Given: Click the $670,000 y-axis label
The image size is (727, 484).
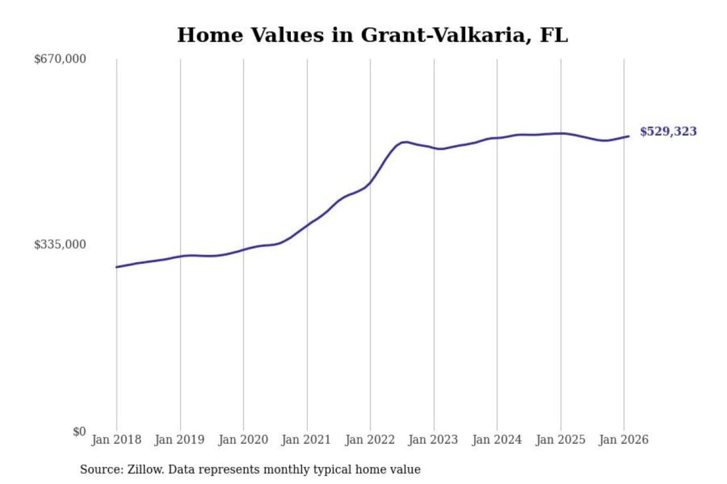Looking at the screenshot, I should [60, 59].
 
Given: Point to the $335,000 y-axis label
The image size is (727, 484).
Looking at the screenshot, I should [60, 245].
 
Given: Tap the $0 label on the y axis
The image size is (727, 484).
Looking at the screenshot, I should [79, 432].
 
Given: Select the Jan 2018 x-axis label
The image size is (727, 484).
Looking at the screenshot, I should [116, 440].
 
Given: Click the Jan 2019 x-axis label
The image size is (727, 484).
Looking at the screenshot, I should [180, 440].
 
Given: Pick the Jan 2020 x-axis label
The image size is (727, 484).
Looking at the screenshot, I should [243, 440].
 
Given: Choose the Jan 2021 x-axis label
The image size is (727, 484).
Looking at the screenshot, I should [306, 440].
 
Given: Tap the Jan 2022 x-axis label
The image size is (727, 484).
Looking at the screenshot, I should [370, 440].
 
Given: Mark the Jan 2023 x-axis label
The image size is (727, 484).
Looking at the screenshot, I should [433, 440].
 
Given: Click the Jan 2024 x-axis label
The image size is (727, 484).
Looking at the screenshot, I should [496, 440].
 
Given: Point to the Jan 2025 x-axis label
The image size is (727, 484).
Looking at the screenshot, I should [560, 440].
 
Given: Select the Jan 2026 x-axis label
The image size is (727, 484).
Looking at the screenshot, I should [623, 440].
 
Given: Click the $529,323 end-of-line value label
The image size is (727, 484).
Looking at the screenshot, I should [668, 132].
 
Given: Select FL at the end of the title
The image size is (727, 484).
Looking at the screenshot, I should [554, 35].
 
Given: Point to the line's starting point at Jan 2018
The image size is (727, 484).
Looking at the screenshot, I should [117, 267].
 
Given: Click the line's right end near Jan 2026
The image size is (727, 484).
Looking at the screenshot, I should [629, 136].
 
